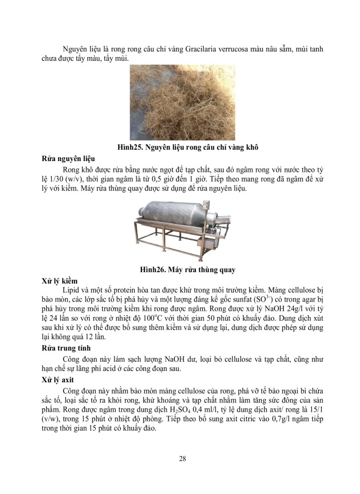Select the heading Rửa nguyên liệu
tap(67, 158)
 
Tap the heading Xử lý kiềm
tap(59, 281)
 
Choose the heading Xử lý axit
tap(57, 380)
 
